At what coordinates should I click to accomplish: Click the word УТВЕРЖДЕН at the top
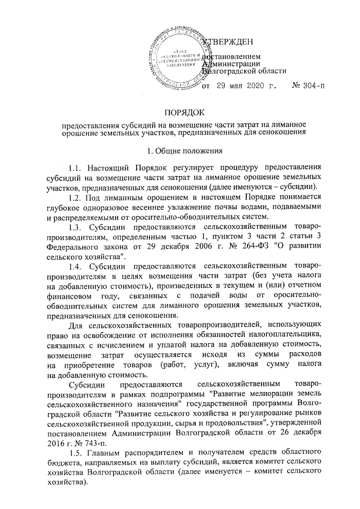[x=228, y=42]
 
